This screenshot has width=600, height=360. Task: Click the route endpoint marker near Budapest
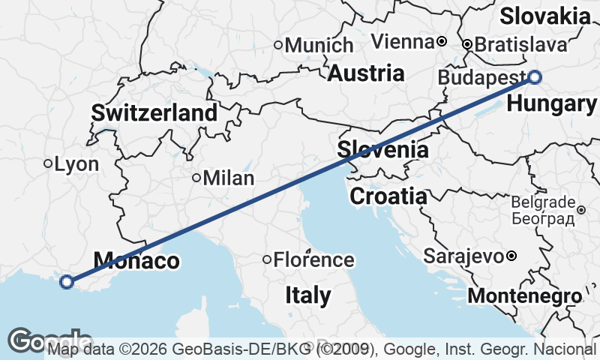[x=535, y=76]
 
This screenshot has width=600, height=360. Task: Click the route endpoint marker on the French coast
[x=67, y=282]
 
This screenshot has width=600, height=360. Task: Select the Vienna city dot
[x=442, y=40]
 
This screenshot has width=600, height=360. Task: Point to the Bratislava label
[x=521, y=45]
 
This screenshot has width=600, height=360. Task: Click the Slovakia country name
[x=546, y=16]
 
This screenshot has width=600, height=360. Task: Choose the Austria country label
[x=367, y=73]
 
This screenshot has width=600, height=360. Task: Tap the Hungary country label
[x=553, y=104]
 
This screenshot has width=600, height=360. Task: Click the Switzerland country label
[x=154, y=113]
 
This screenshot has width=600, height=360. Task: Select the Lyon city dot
[x=47, y=163]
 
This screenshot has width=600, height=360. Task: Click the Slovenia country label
[x=382, y=149]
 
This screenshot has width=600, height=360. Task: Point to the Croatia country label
[x=388, y=196]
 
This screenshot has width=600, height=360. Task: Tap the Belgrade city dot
[x=581, y=209]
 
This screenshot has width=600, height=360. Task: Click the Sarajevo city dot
[x=511, y=256]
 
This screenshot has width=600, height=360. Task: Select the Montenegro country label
[x=524, y=295]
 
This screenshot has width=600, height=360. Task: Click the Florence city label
[x=313, y=260]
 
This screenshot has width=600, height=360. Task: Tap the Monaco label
[x=136, y=261]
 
